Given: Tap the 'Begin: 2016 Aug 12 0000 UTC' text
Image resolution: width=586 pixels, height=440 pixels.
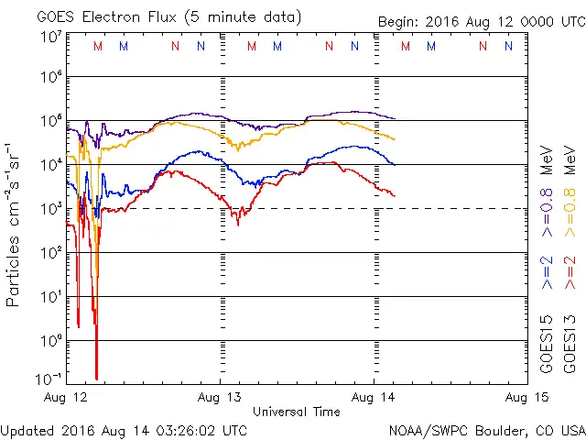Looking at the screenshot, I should (481, 21).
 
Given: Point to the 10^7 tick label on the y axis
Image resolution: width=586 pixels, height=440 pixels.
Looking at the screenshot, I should (51, 38).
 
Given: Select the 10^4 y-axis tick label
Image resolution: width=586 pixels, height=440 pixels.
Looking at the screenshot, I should (51, 165).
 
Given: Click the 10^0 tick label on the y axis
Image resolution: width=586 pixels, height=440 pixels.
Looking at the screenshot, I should (51, 340).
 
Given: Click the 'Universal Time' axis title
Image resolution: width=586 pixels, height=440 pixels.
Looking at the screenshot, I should (297, 412).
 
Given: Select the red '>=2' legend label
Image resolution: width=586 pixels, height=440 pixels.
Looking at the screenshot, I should (570, 273).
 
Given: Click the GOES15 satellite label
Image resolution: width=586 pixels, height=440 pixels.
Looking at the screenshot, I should (547, 342).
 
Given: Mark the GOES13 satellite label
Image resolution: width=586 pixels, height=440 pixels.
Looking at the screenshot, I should (570, 342).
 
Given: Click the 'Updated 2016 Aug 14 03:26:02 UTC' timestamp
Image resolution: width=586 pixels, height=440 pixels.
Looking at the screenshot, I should (124, 429).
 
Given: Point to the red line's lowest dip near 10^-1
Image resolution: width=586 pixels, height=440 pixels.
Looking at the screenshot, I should (96, 376).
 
